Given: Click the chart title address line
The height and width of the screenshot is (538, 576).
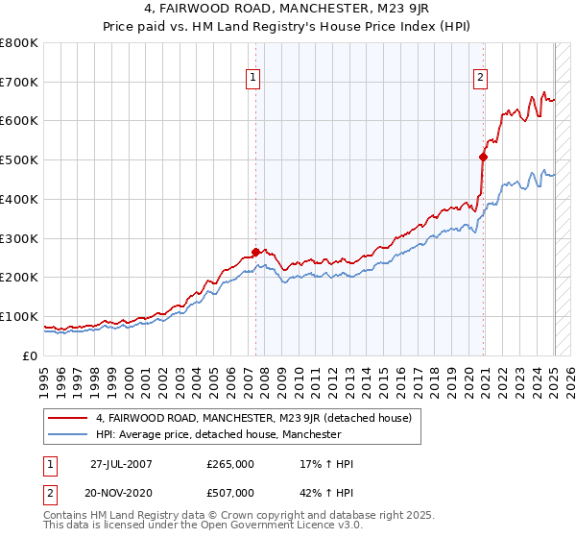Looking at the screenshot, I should point(288,9).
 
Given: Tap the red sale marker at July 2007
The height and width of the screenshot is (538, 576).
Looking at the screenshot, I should point(255,252).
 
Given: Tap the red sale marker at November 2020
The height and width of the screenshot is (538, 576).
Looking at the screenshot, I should point(484,157).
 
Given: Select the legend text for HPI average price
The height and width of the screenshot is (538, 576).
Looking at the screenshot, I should point(219,434).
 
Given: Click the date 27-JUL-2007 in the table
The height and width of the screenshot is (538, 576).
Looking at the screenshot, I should point(121,464).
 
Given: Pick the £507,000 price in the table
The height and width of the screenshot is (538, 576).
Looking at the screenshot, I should point(230,493).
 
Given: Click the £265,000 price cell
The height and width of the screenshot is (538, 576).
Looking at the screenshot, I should point(230,464).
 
